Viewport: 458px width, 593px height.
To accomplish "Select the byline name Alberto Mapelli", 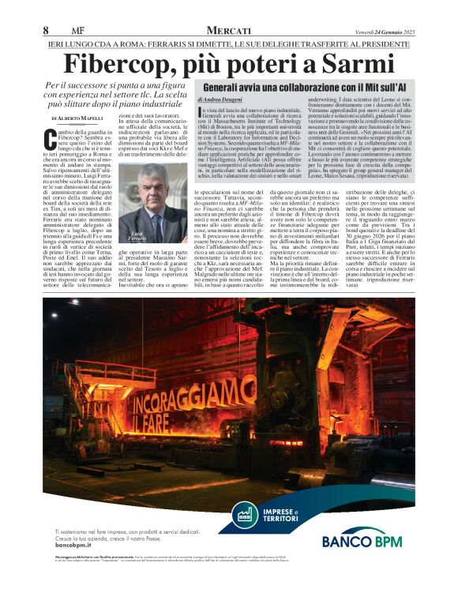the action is pos(91,118).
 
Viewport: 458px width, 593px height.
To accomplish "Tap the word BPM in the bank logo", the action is pos(383,540).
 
